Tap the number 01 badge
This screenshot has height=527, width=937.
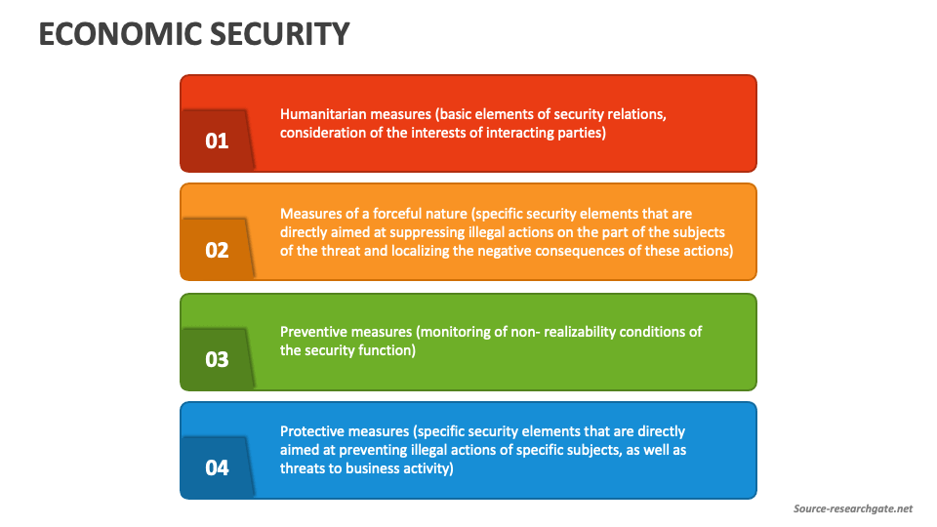point(217,141)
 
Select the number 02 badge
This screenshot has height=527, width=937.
point(217,250)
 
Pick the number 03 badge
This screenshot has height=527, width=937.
point(217,359)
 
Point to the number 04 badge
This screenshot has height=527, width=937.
point(217,467)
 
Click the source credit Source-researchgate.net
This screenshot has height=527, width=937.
point(852,508)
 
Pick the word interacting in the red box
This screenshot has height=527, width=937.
point(519,133)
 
